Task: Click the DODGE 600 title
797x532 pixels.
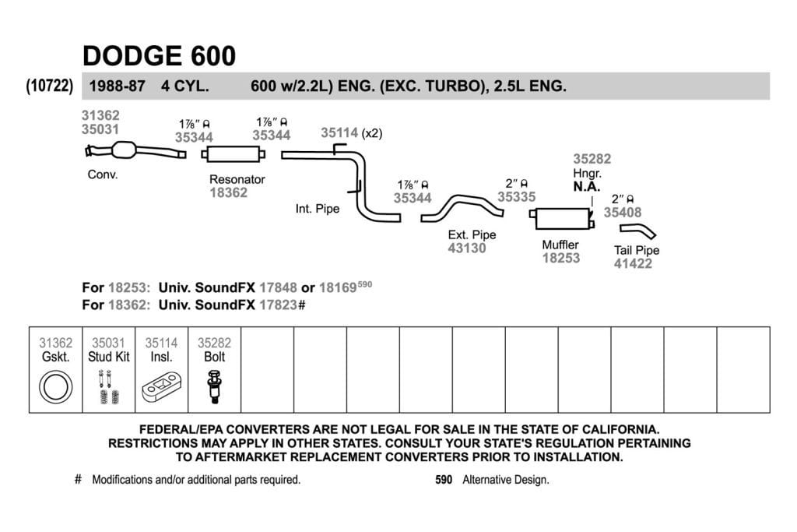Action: point(159,56)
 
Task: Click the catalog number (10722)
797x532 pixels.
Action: point(49,86)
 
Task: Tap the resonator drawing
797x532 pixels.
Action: point(233,153)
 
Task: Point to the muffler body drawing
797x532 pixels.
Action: point(562,219)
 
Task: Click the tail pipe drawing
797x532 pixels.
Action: point(638,231)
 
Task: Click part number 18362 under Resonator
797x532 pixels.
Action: point(228,192)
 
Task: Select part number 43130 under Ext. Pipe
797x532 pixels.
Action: point(467,248)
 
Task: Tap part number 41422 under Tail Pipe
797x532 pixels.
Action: point(633,263)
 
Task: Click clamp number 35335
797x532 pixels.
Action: point(517,197)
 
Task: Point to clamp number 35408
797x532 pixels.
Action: point(623,212)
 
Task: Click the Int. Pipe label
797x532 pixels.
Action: point(318,209)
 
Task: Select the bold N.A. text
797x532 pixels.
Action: point(587,187)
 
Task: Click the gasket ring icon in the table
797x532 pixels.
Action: point(55,387)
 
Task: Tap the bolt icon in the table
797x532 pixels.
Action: point(214,388)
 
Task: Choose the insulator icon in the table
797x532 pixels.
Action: point(161,388)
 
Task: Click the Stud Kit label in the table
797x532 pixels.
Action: point(109,357)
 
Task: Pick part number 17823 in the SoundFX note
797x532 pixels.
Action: point(278,305)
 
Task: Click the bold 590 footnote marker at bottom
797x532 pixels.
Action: point(444,480)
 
